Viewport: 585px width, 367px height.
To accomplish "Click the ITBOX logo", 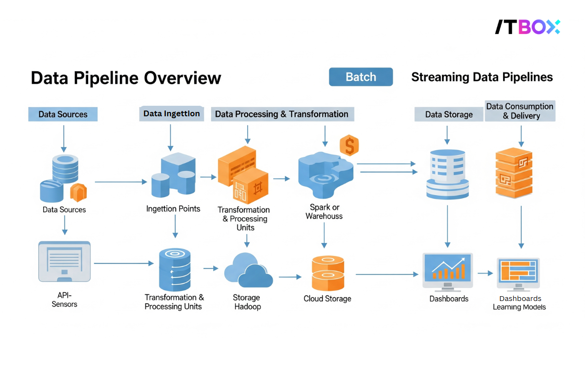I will (527, 27).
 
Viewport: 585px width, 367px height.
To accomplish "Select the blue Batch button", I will (361, 77).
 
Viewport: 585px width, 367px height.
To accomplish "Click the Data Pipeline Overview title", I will (126, 78).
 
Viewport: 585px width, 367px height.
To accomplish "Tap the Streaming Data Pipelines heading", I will (482, 77).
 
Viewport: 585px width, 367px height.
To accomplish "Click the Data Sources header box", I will (63, 114).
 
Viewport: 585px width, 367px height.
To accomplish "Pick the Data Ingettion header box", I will (172, 114).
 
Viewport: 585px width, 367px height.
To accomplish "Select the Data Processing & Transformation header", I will (282, 114).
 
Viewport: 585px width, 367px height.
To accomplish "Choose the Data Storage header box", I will (448, 114).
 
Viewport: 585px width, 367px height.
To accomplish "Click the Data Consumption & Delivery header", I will (520, 111).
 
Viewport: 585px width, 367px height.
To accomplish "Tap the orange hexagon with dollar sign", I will (349, 145).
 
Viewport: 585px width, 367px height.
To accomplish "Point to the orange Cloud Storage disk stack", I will (328, 273).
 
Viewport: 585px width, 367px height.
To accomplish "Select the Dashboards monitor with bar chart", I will (447, 271).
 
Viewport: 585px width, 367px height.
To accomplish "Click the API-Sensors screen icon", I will (64, 262).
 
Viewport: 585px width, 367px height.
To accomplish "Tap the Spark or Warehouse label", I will (324, 211).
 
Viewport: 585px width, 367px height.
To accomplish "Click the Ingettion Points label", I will (173, 209).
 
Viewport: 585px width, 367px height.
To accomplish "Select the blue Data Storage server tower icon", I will (447, 174).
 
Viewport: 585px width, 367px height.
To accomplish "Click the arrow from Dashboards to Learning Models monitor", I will (485, 273).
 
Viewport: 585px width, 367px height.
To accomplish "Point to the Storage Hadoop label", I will (247, 302).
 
